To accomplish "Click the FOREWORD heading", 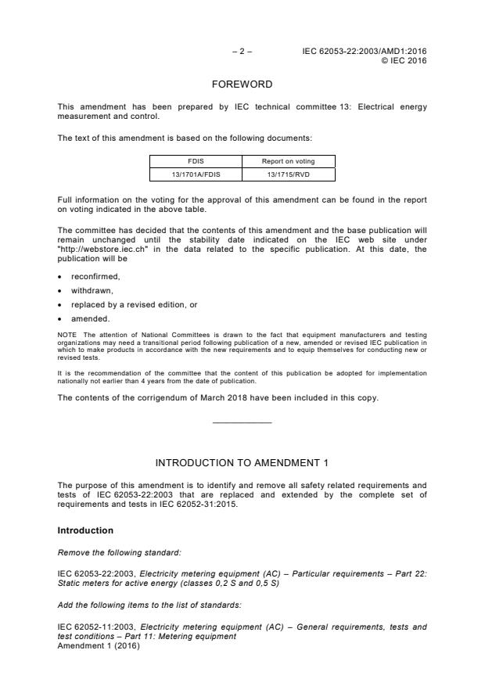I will coord(242,84).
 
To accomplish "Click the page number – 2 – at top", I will coord(242,52).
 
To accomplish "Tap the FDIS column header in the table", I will coord(196,162).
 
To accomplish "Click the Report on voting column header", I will coord(288,162).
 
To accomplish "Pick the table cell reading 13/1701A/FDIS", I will coord(196,174).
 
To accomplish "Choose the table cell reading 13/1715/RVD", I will coord(288,174).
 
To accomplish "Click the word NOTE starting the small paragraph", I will coord(66,334).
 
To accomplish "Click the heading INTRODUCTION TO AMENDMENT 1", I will coord(242,462).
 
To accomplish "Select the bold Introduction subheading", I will coord(86,530).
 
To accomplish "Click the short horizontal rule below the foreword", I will coord(242,423).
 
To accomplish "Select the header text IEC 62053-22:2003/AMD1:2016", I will coord(365,52).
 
